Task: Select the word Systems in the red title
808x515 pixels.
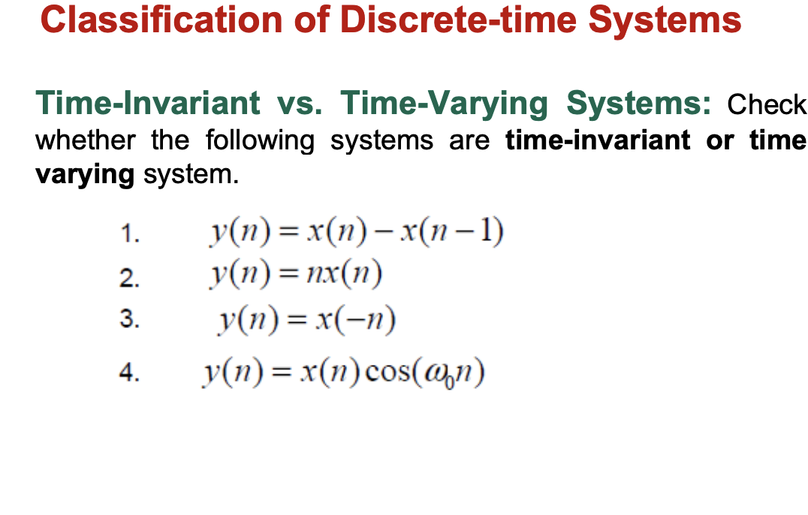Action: (665, 21)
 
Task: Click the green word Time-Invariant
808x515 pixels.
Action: (148, 103)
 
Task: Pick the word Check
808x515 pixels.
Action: (767, 104)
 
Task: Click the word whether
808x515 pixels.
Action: (86, 140)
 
